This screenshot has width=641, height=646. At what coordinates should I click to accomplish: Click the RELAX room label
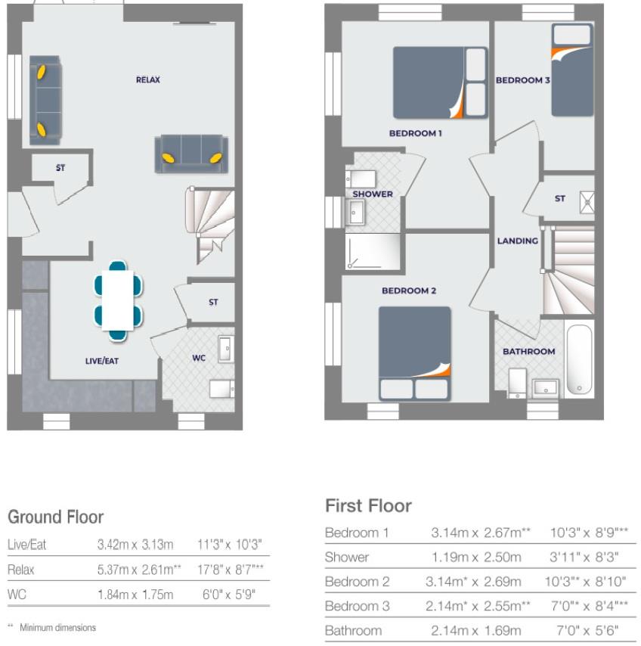(x=148, y=79)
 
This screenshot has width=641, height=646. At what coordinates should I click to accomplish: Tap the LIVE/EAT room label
(x=101, y=362)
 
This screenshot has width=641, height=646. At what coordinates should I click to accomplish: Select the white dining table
(x=117, y=299)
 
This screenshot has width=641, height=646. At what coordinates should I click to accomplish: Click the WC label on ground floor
(x=199, y=359)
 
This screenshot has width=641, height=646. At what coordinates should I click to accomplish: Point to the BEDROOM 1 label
(x=415, y=133)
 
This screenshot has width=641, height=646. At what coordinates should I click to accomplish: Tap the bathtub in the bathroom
(x=579, y=360)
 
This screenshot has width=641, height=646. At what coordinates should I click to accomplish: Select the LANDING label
(x=518, y=241)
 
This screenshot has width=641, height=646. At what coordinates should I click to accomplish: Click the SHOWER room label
(x=373, y=194)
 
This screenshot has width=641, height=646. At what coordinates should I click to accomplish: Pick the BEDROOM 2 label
(x=409, y=290)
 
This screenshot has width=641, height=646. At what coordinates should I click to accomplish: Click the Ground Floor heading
(x=55, y=517)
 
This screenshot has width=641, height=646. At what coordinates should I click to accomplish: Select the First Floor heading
(x=368, y=505)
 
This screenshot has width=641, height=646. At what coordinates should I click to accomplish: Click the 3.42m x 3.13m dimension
(x=135, y=545)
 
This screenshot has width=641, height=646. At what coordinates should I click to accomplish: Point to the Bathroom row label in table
(x=353, y=630)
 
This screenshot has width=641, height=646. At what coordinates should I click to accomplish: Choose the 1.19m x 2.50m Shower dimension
(x=476, y=557)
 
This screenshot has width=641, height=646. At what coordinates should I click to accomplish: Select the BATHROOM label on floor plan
(x=529, y=352)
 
